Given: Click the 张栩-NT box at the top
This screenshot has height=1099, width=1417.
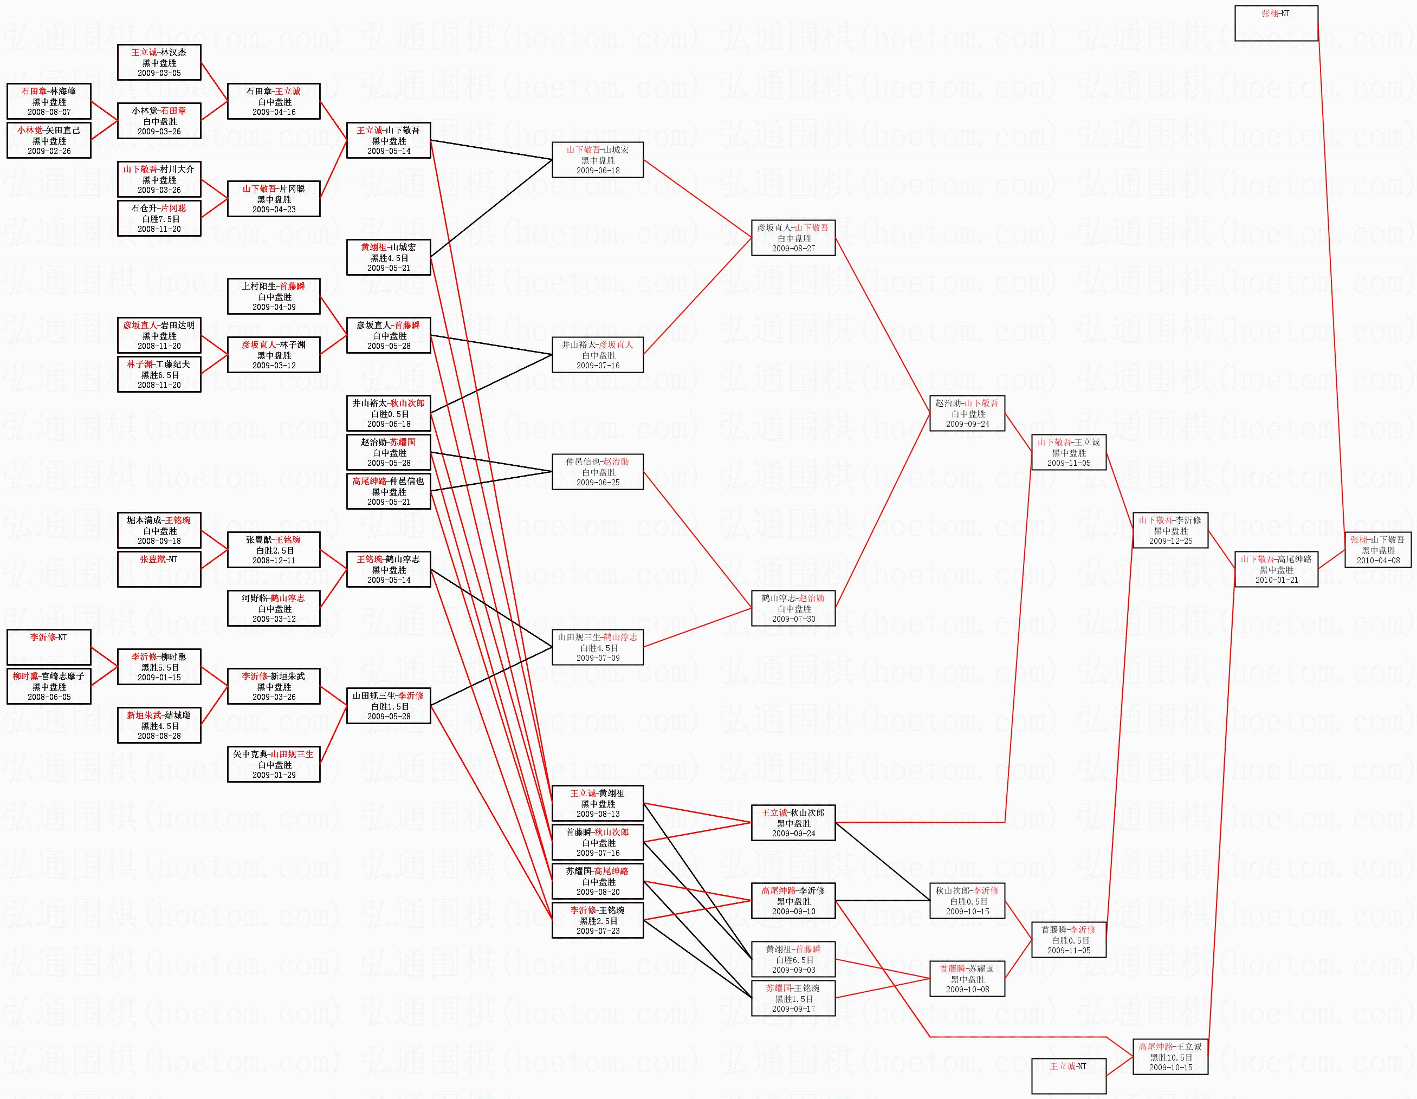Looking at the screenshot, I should point(1276,23).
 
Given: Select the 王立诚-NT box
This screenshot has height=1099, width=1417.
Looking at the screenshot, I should point(1068,1076).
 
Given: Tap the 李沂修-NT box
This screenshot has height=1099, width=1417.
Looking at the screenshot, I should point(49,646).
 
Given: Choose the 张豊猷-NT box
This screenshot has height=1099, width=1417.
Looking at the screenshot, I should point(159,569).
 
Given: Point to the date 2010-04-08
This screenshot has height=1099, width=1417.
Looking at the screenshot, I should point(1377,560).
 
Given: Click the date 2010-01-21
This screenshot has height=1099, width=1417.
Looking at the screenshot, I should point(1276,580).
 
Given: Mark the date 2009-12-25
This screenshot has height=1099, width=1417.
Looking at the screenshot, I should point(1170,541).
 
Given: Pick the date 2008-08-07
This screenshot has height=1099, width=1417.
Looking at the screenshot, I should point(49,112).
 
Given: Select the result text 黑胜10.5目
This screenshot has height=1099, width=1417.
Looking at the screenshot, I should point(1170,1057).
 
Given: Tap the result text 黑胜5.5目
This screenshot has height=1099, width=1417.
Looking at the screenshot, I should point(159,667).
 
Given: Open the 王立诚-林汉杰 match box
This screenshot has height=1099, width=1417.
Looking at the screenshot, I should point(159,62).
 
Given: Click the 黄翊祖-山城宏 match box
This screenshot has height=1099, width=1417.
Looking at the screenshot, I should point(388,257).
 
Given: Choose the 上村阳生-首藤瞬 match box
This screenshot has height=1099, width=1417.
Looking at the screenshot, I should point(273,296).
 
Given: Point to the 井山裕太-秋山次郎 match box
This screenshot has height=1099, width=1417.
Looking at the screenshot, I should point(388,413).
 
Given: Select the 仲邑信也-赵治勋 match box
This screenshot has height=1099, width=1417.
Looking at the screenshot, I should point(597,471).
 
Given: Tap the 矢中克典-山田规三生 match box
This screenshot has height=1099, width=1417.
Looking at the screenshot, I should point(273,764).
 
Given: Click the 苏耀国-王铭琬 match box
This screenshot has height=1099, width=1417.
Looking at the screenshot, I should point(793,998).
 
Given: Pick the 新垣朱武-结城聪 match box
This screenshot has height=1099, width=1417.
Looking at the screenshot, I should point(159,725).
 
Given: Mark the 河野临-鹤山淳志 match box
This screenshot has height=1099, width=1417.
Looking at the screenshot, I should point(273,608).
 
